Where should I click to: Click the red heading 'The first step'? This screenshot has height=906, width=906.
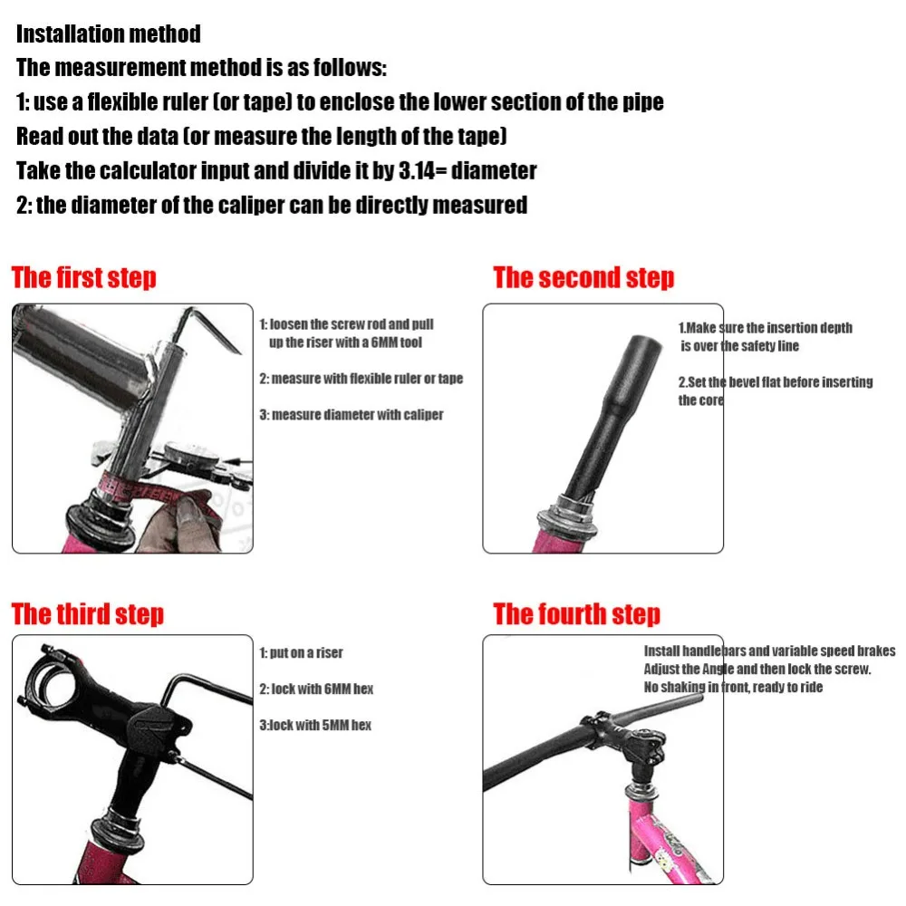point(83,277)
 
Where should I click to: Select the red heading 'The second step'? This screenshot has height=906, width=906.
point(583,277)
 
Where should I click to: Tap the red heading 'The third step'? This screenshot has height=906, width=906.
point(87,613)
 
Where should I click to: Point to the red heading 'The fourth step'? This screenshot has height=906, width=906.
point(576,613)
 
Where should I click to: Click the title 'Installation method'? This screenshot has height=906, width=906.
point(109,34)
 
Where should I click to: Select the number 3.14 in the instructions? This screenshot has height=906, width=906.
point(417,171)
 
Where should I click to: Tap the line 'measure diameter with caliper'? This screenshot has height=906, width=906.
point(357,415)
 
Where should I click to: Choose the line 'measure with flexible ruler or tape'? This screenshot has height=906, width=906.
point(367,379)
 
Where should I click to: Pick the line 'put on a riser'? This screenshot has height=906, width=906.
point(306,653)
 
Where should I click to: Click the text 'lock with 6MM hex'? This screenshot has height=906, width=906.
point(322,689)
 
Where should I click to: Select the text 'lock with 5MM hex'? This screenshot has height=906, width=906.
point(321,725)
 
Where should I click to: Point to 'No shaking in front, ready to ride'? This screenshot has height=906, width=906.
point(733,687)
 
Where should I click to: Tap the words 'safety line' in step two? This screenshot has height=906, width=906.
point(770,346)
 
